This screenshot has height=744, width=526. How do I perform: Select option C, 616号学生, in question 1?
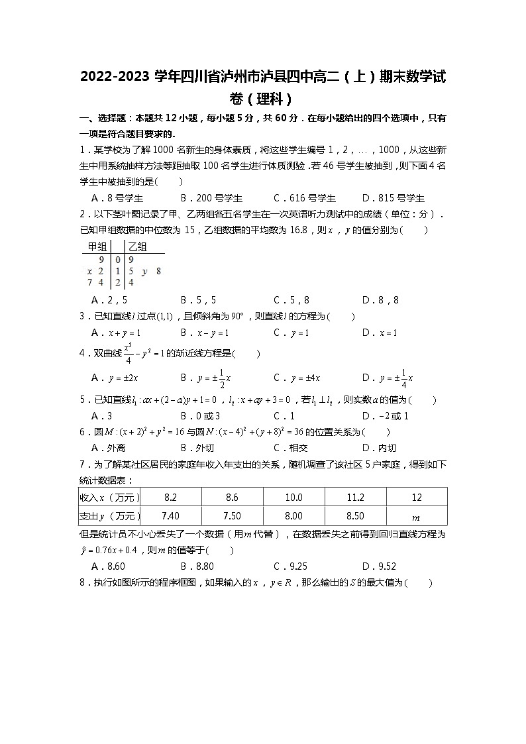305,198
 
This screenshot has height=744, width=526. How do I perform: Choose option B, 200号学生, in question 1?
211,198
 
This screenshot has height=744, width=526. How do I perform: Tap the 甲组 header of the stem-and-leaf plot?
93,247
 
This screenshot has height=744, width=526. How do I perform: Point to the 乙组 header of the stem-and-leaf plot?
137,247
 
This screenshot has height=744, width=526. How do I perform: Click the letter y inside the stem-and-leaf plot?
144,271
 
